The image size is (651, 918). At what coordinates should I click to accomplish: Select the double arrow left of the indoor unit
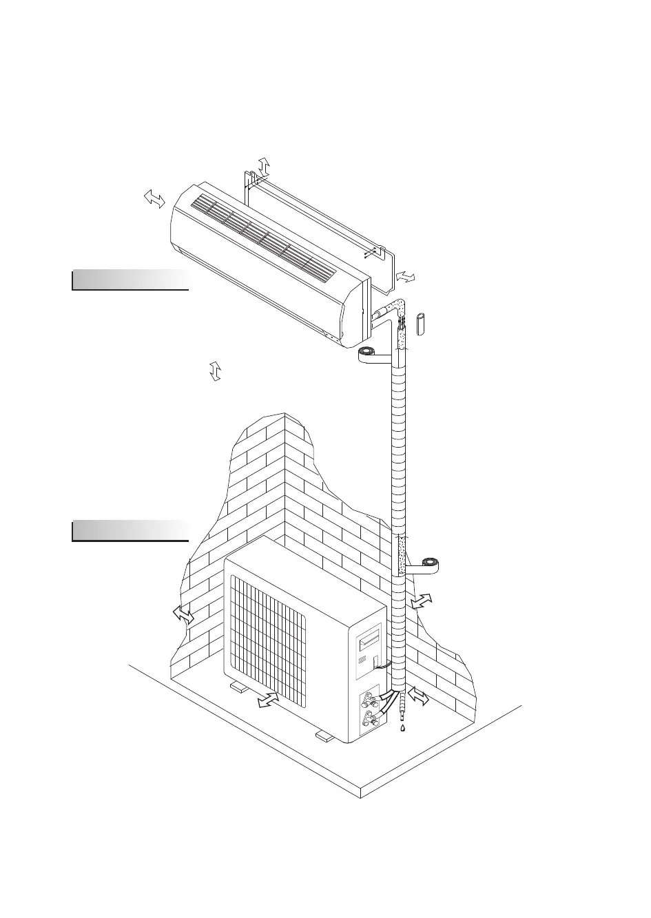(154, 199)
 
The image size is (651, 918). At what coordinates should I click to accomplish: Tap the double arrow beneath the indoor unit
(215, 370)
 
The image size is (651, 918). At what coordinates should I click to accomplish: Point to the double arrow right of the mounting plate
(406, 276)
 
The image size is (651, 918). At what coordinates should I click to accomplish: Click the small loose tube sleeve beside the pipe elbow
(422, 323)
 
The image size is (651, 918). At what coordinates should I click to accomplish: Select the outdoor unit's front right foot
(323, 736)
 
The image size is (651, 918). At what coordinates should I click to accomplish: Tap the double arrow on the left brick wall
(183, 614)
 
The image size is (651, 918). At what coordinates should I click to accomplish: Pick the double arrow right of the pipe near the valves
(418, 698)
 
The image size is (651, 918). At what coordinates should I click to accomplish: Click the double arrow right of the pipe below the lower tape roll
(422, 601)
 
